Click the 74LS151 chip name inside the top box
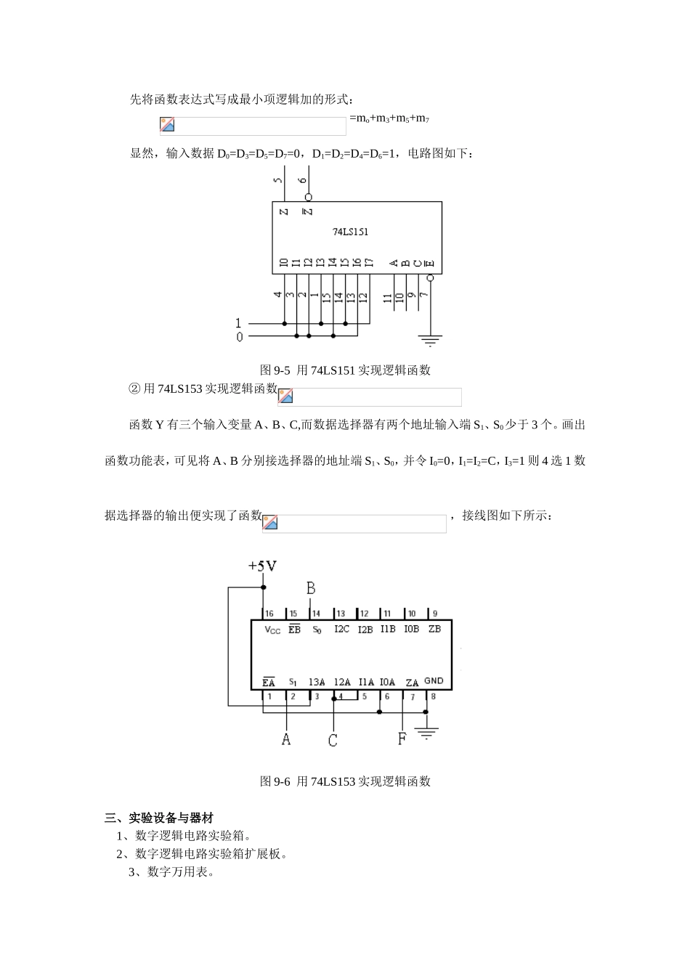(350, 232)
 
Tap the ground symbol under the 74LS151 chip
(431, 339)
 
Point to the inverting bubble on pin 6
(308, 197)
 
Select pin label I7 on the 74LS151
(369, 262)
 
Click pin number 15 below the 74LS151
(325, 297)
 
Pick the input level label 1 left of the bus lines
(239, 323)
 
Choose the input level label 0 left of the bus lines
(240, 337)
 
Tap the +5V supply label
(262, 566)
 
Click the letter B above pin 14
(311, 588)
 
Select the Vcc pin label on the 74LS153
(272, 630)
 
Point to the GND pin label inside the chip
(434, 681)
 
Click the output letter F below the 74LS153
(402, 739)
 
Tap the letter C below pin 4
(333, 740)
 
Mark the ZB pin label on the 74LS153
(434, 629)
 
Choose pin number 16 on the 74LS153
(269, 614)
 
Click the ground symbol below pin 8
(427, 733)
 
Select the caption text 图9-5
(275, 370)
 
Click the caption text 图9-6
(275, 781)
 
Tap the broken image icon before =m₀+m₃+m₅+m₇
(167, 125)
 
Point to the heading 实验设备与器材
(171, 818)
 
